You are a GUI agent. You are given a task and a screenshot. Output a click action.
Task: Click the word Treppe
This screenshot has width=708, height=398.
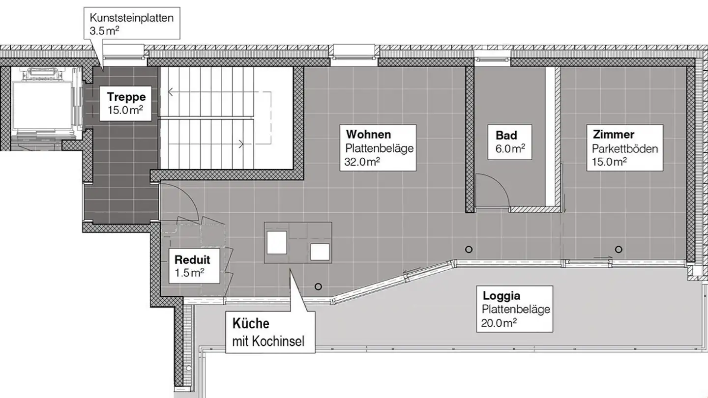tap(126, 97)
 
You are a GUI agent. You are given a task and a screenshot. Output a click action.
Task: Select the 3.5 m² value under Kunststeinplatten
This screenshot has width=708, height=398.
tap(105, 31)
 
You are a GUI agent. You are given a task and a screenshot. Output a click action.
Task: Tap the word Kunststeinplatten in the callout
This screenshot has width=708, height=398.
tap(131, 18)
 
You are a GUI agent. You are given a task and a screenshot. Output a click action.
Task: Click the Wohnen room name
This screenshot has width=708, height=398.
tap(369, 134)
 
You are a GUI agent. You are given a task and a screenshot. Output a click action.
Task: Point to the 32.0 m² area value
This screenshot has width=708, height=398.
tap(362, 162)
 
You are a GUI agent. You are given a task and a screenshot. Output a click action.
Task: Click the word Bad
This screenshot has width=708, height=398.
tap(506, 135)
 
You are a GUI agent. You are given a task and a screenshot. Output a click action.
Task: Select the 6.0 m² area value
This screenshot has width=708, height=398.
tap(510, 148)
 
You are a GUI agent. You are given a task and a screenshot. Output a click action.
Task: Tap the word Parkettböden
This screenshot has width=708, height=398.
tap(625, 148)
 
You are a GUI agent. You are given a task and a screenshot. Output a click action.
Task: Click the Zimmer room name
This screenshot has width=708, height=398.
tap(613, 134)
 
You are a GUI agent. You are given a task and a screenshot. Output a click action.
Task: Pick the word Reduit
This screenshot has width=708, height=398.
tap(192, 259)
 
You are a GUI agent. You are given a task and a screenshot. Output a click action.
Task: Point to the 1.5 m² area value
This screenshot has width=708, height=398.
tap(190, 273)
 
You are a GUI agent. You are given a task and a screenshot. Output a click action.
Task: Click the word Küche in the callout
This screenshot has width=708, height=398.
tap(251, 324)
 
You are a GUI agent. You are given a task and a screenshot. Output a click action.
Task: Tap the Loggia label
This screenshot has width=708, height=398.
tap(501, 296)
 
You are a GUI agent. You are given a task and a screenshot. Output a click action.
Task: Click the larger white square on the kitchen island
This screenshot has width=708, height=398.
tap(277, 242)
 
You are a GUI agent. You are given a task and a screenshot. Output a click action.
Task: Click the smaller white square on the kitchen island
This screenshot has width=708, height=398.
tap(320, 252)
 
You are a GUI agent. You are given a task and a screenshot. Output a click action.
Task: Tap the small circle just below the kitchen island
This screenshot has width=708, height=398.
tap(318, 286)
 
